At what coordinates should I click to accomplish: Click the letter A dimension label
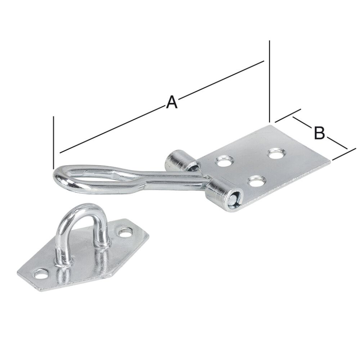click(x=172, y=102)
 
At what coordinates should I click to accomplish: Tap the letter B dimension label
click(x=319, y=132)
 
